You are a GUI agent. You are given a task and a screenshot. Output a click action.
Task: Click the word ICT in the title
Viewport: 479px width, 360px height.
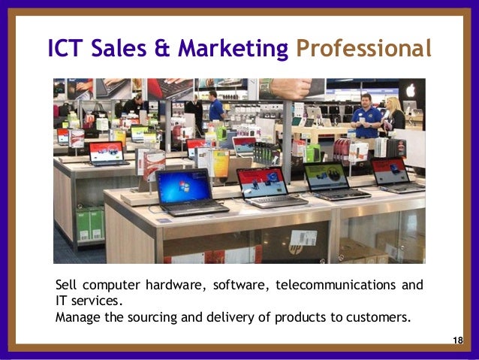(x=65, y=49)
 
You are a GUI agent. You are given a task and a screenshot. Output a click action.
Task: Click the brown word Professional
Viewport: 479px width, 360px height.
(x=363, y=49)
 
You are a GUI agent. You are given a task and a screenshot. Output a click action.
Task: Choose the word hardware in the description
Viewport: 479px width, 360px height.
(x=176, y=286)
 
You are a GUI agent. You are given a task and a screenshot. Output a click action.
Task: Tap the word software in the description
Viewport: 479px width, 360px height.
(x=239, y=286)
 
